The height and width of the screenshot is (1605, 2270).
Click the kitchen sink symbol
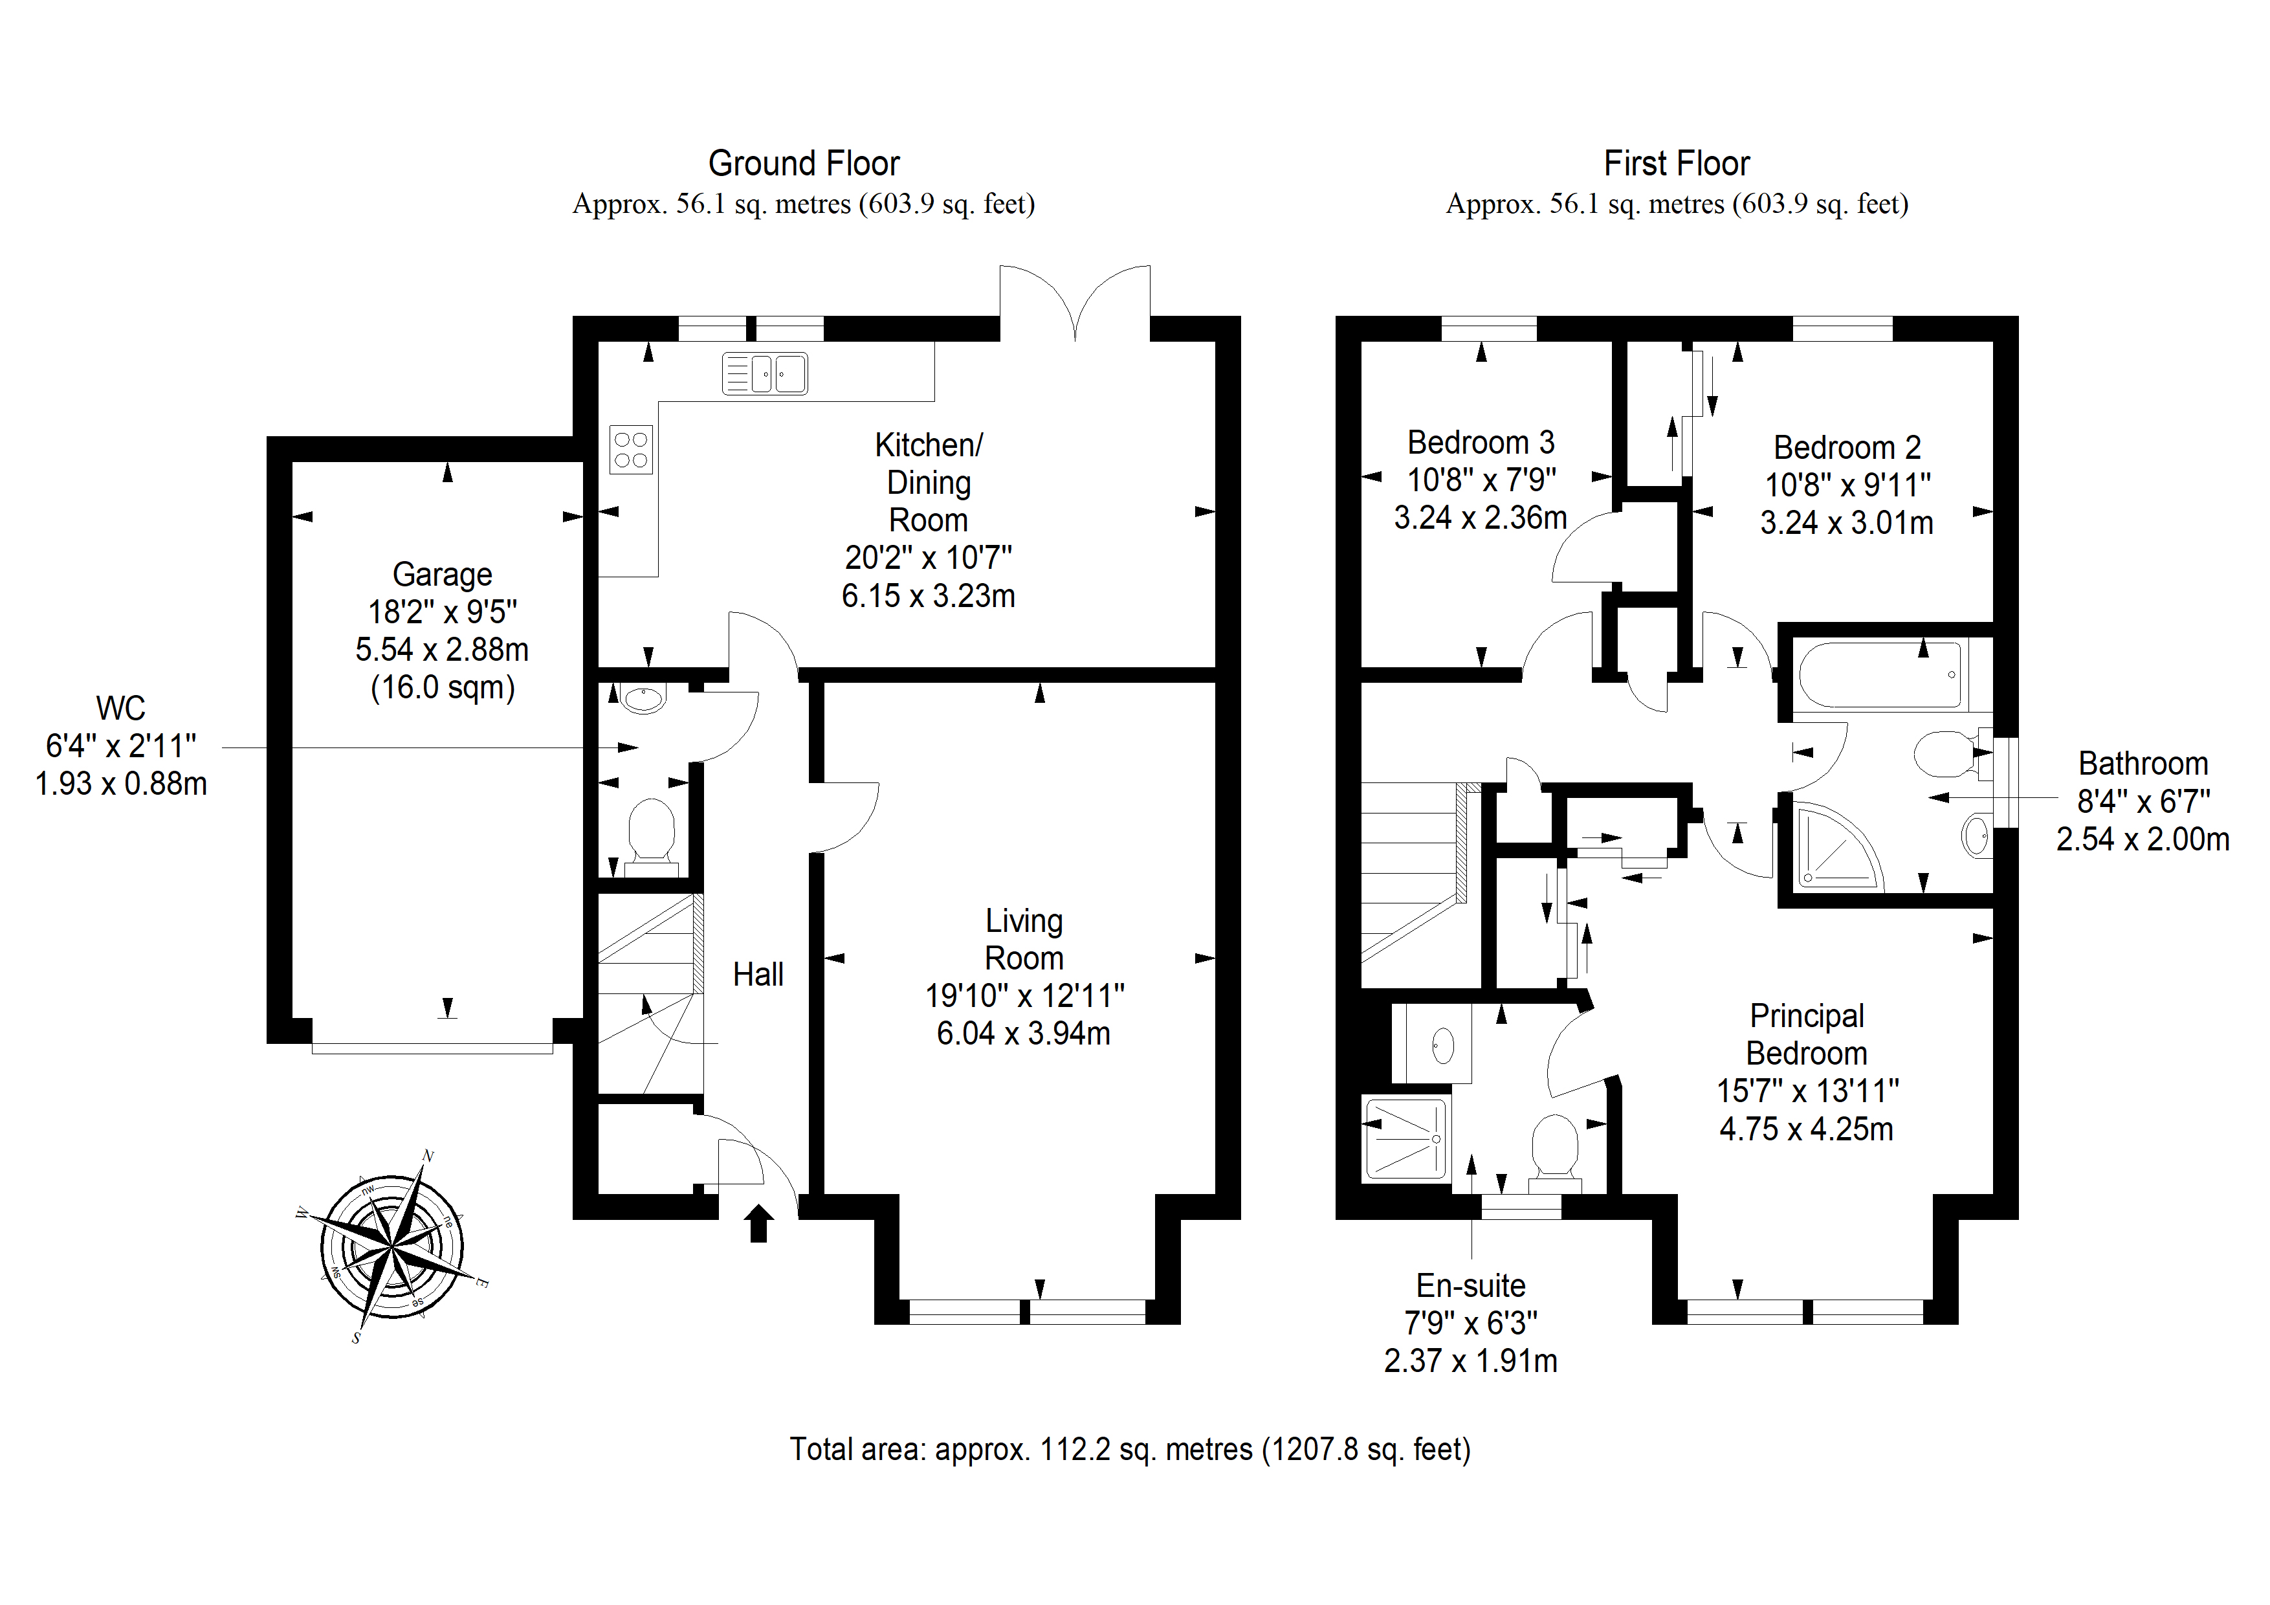coord(764,374)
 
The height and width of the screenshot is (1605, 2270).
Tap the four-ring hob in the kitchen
coord(631,450)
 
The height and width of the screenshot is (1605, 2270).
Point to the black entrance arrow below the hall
coord(758,1223)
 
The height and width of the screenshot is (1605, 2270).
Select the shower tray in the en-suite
coord(1406,1138)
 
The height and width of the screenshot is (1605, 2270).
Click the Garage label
coord(442,575)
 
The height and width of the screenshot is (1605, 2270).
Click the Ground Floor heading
coord(804,163)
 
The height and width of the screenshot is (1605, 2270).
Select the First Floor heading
coord(1677,163)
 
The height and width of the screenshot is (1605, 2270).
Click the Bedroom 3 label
coord(1481,442)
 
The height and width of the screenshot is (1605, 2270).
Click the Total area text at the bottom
coord(1130,1450)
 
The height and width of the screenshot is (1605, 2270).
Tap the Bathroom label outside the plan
coord(2143,764)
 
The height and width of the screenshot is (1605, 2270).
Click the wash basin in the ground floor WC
coord(643,699)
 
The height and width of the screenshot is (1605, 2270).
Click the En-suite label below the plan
coord(1470,1285)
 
